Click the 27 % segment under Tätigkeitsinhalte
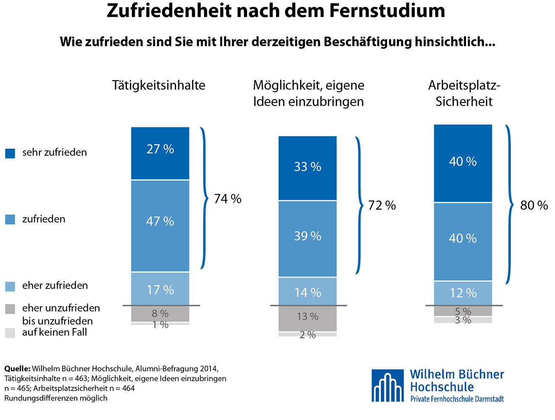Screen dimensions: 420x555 coord(160,153)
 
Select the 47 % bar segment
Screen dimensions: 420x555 coord(160,226)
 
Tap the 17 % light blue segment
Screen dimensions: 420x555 coord(160,289)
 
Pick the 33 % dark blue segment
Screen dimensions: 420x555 coord(308,168)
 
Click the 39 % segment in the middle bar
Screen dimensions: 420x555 coord(308,238)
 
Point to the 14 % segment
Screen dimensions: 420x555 coord(308,292)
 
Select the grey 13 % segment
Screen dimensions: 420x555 coord(308,318)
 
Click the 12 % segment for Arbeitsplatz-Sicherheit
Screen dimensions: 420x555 coord(463,293)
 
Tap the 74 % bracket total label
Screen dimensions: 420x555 coord(228,199)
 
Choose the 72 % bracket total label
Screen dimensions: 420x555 coord(382,205)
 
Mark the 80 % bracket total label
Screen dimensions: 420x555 coord(534,205)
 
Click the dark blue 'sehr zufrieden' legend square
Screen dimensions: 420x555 coord(10,153)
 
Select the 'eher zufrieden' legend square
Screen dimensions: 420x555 coord(10,286)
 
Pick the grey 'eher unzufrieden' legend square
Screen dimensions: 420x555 coord(10,309)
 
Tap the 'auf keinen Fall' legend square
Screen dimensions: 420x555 coord(10,333)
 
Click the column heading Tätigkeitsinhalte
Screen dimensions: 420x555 coord(159,85)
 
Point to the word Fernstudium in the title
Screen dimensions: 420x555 coord(387,11)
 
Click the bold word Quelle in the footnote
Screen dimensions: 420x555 coord(17,369)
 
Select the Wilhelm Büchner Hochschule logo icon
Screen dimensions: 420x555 coord(387,386)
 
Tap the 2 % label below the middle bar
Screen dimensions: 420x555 coord(308,335)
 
